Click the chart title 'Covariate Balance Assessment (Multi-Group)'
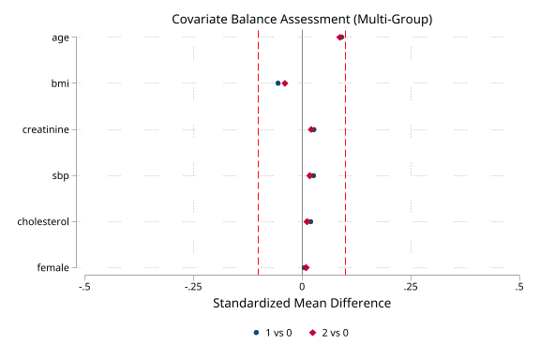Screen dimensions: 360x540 (x=302, y=19)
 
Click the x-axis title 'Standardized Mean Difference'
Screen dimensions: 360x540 (x=302, y=304)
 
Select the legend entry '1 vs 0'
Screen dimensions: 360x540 (x=274, y=333)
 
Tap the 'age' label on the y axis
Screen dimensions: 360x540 (x=60, y=37)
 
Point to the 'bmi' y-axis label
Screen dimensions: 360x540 (x=60, y=83)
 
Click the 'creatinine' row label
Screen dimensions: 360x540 (x=46, y=129)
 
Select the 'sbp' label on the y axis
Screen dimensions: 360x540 (x=60, y=175)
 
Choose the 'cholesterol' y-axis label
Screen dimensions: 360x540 (x=43, y=221)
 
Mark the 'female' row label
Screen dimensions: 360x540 (x=52, y=267)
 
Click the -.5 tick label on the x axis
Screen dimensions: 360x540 (x=85, y=286)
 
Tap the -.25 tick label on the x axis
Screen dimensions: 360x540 (x=193, y=286)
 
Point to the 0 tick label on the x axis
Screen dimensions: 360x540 (x=302, y=286)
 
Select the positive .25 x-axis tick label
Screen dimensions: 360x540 (x=410, y=286)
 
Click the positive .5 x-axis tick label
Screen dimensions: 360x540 (x=518, y=286)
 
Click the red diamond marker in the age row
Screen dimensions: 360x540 (x=340, y=37)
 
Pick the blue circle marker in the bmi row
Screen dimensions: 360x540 (x=277, y=83)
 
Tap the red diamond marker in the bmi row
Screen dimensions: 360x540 (x=285, y=83)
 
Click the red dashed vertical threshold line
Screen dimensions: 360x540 (x=345, y=150)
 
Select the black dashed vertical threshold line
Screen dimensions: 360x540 (x=259, y=150)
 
